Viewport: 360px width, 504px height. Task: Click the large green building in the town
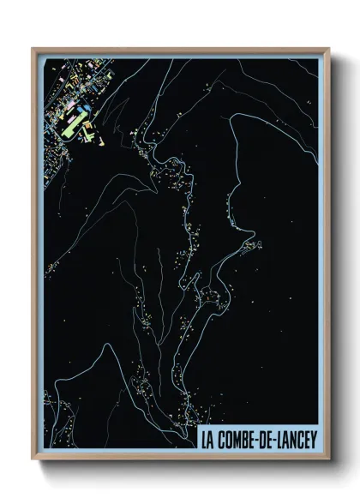click(x=70, y=129)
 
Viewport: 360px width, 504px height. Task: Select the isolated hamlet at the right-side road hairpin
click(x=254, y=248)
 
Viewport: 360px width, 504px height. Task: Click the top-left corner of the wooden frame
click(x=33, y=49)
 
